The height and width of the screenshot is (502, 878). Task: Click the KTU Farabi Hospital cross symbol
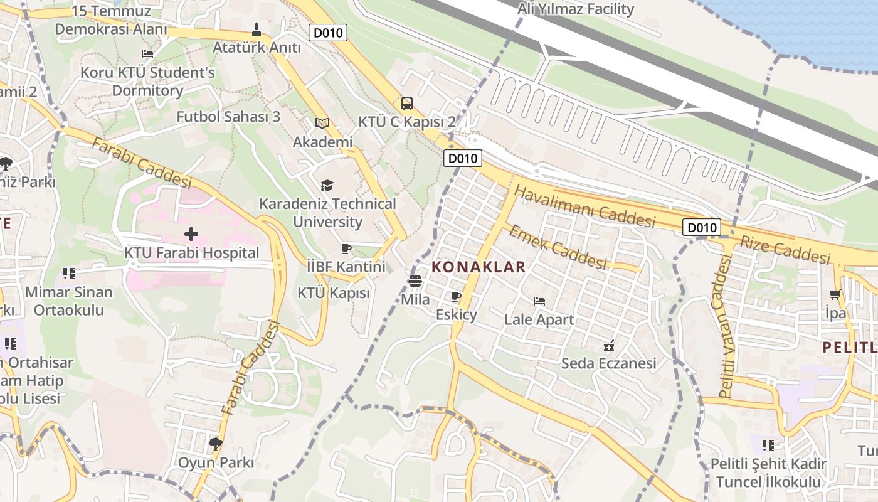tap(191, 234)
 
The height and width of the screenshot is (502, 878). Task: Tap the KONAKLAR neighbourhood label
tap(479, 267)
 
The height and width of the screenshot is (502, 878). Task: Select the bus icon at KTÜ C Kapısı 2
tap(407, 104)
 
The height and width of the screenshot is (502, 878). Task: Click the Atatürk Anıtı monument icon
tap(257, 29)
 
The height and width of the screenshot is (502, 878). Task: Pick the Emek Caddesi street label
tap(558, 247)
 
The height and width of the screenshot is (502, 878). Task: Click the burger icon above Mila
tap(415, 281)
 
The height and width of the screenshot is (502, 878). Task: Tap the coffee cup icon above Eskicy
tap(456, 296)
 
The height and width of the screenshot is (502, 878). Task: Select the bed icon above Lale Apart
tap(539, 301)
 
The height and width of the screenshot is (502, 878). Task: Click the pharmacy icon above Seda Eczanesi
tap(608, 345)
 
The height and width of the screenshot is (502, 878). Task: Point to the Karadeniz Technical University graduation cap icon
tap(327, 185)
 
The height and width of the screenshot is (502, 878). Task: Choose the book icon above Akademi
tap(322, 124)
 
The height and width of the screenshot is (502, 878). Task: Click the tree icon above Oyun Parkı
tap(216, 444)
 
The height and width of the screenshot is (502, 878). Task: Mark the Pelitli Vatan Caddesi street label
tap(725, 326)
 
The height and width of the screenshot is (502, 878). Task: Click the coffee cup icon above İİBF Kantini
tap(346, 248)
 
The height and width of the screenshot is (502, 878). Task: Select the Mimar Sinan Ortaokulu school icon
tap(69, 274)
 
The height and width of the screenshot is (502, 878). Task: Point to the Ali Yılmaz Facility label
tap(575, 9)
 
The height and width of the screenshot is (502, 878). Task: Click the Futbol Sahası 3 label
tap(228, 117)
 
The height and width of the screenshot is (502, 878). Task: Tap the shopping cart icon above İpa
tap(835, 294)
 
